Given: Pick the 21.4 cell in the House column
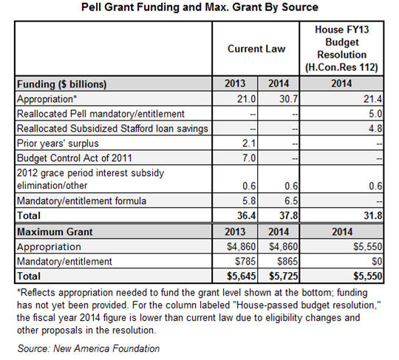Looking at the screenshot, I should pos(374,98).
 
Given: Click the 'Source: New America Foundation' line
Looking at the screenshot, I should pos(89,347).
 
